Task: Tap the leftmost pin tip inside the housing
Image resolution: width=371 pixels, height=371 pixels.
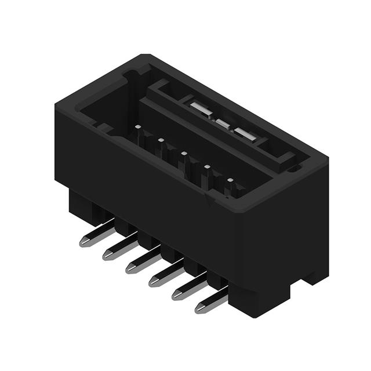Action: [137, 126]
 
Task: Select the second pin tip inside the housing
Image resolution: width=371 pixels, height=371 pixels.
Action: [161, 140]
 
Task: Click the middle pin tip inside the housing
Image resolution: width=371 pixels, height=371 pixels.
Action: [184, 154]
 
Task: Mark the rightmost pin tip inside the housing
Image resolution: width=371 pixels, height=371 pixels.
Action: [230, 181]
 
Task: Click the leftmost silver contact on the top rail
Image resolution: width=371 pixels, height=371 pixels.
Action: [198, 108]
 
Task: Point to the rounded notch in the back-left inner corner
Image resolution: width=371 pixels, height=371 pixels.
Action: [132, 74]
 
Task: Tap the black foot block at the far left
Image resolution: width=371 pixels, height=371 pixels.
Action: [81, 206]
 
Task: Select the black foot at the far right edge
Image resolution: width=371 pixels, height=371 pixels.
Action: [316, 272]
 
